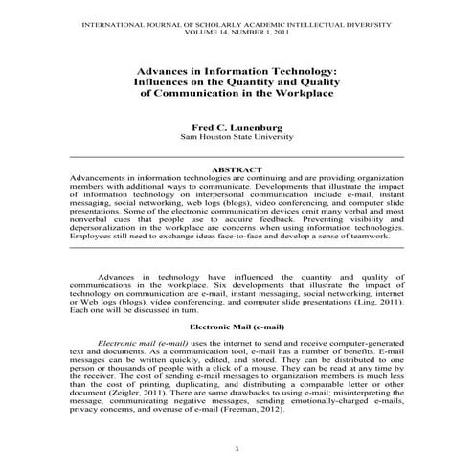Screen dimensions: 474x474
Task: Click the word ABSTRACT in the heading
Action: [x=237, y=169]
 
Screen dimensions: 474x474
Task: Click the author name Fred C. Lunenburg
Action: [x=237, y=126]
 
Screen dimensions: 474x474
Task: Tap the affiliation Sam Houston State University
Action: [x=237, y=137]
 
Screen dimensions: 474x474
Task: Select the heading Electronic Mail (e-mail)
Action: [x=237, y=327]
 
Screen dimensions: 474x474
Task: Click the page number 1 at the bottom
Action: [x=237, y=447]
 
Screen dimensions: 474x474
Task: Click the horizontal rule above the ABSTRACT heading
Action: [x=237, y=156]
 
